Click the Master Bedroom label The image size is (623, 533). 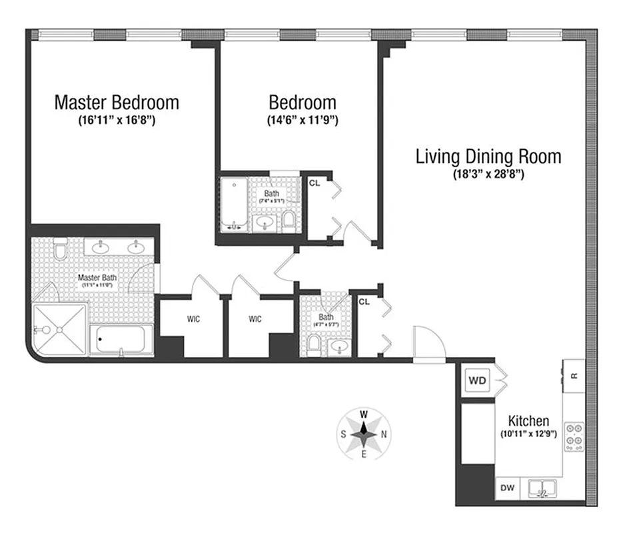pos(117,103)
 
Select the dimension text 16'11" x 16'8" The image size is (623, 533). pos(117,121)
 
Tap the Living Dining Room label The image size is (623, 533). pos(488,157)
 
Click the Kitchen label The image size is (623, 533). pos(528,421)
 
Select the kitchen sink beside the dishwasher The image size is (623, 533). pos(542,490)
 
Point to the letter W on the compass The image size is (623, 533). pos(364,414)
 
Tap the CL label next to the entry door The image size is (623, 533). pos(364,302)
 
